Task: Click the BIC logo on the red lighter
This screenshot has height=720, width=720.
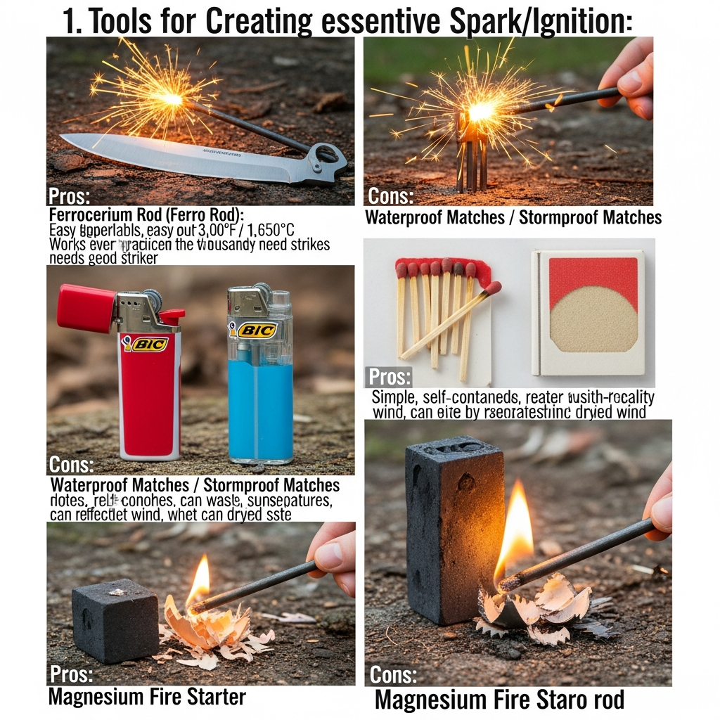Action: (146, 344)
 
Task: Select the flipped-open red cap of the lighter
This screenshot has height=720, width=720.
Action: (86, 308)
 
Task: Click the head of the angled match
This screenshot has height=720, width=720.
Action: (493, 288)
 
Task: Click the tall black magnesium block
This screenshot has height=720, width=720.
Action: (454, 528)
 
